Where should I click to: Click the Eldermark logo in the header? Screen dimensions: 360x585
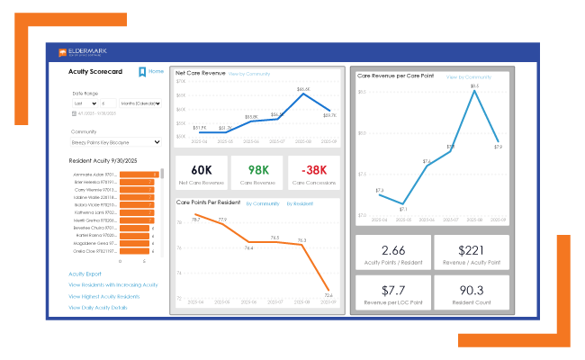85,52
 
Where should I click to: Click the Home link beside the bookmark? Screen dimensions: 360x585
157,71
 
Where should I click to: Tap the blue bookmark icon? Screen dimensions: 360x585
142,72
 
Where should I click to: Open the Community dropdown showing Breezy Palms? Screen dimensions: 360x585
115,141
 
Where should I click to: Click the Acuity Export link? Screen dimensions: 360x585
85,274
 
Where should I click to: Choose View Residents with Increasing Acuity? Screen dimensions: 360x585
112,284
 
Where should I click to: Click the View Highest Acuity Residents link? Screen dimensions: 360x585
103,296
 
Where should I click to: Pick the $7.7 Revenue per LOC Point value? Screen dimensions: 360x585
391,290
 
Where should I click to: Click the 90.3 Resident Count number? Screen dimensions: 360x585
471,290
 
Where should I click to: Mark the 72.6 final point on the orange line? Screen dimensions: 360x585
328,290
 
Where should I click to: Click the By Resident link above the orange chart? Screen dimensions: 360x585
299,203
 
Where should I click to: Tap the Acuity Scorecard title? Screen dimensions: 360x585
94,71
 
